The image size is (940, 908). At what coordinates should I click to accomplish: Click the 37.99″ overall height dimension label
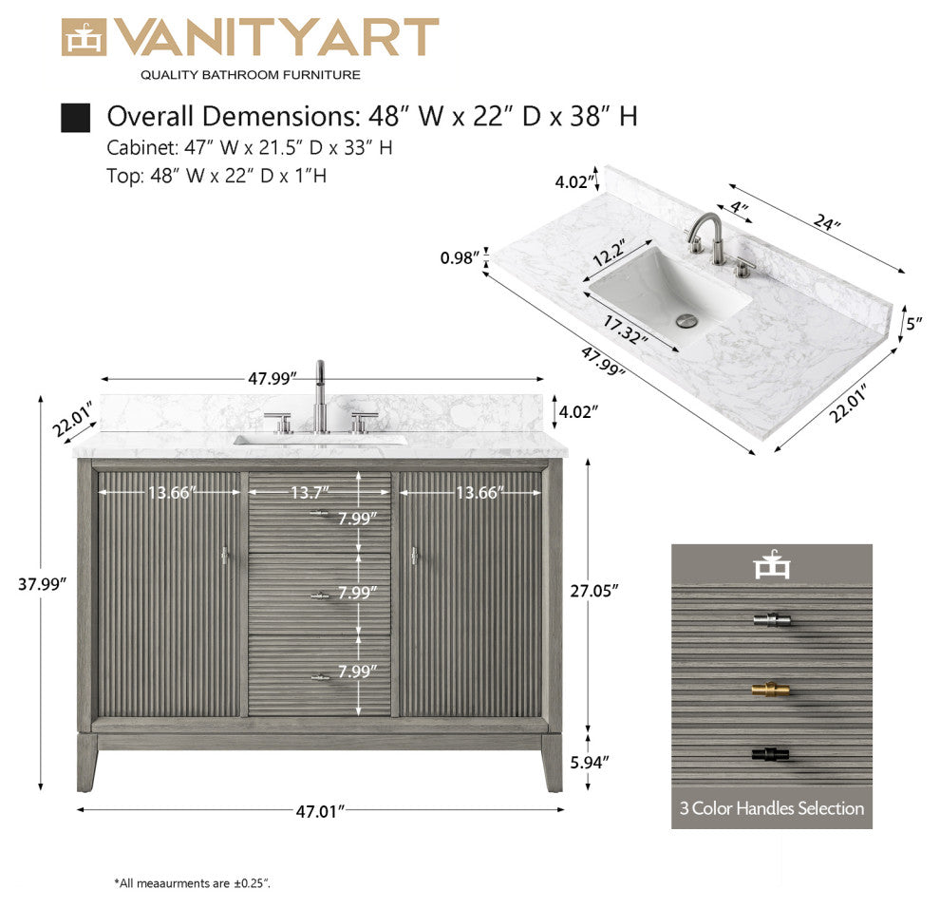click(x=42, y=584)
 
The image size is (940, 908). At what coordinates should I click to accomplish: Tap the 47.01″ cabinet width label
click(x=321, y=811)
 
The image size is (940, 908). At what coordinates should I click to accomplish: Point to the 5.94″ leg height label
click(x=590, y=763)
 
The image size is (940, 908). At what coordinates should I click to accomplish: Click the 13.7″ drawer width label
click(x=310, y=493)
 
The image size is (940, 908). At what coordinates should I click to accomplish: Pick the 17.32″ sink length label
click(x=625, y=330)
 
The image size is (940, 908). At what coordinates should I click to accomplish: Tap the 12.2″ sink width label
click(x=609, y=253)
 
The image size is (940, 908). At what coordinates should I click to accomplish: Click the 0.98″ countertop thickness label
click(x=461, y=258)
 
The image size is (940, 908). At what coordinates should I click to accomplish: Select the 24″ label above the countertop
click(x=827, y=222)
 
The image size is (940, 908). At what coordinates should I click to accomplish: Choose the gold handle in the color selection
click(x=770, y=690)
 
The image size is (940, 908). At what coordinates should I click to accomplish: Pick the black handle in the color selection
click(x=770, y=754)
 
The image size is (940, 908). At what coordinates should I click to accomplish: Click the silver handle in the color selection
click(x=772, y=620)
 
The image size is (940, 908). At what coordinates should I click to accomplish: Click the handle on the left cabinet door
click(x=224, y=556)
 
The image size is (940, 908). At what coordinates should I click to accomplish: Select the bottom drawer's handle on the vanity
click(x=320, y=678)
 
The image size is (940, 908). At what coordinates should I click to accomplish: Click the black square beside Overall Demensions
click(x=76, y=118)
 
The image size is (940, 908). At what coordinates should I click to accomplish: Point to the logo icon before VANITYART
click(x=84, y=38)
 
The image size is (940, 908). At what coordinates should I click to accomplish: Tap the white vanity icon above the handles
click(x=772, y=565)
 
